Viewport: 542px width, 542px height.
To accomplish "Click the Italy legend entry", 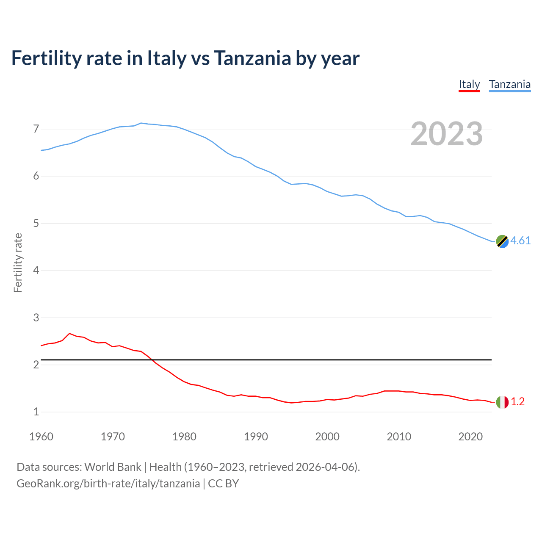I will coord(469,85).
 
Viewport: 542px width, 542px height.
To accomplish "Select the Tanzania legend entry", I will coord(509,85).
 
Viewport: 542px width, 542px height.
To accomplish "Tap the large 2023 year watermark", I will coord(447,134).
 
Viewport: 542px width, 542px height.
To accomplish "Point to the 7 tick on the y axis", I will coord(36,129).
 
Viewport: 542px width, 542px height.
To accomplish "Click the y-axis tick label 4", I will coord(36,270).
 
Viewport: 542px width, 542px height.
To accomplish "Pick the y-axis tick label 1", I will coord(36,412).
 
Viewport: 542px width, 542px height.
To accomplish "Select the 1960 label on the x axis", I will coord(41,437).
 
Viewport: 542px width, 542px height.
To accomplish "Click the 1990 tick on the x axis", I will coord(256,437).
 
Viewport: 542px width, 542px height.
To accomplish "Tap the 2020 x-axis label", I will coord(470,437).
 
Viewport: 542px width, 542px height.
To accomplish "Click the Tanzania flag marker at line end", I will coord(502,241).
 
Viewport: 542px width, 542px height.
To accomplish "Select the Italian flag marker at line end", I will coord(502,402).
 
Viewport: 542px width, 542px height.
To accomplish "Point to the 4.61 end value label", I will coord(520,241).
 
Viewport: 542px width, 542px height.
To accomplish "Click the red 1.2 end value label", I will coord(517,402).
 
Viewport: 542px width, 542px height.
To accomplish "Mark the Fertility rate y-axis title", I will coord(18,263).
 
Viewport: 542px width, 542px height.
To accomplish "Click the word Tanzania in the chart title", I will coord(252,58).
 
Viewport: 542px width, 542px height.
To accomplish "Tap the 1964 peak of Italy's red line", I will coord(69,334).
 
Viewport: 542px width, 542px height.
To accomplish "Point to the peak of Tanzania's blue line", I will coord(141,123).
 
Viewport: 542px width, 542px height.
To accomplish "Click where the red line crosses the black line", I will coord(152,360).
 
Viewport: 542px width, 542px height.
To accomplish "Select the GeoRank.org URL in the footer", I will coord(108,484).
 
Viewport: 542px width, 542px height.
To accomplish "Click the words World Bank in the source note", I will coord(113,467).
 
